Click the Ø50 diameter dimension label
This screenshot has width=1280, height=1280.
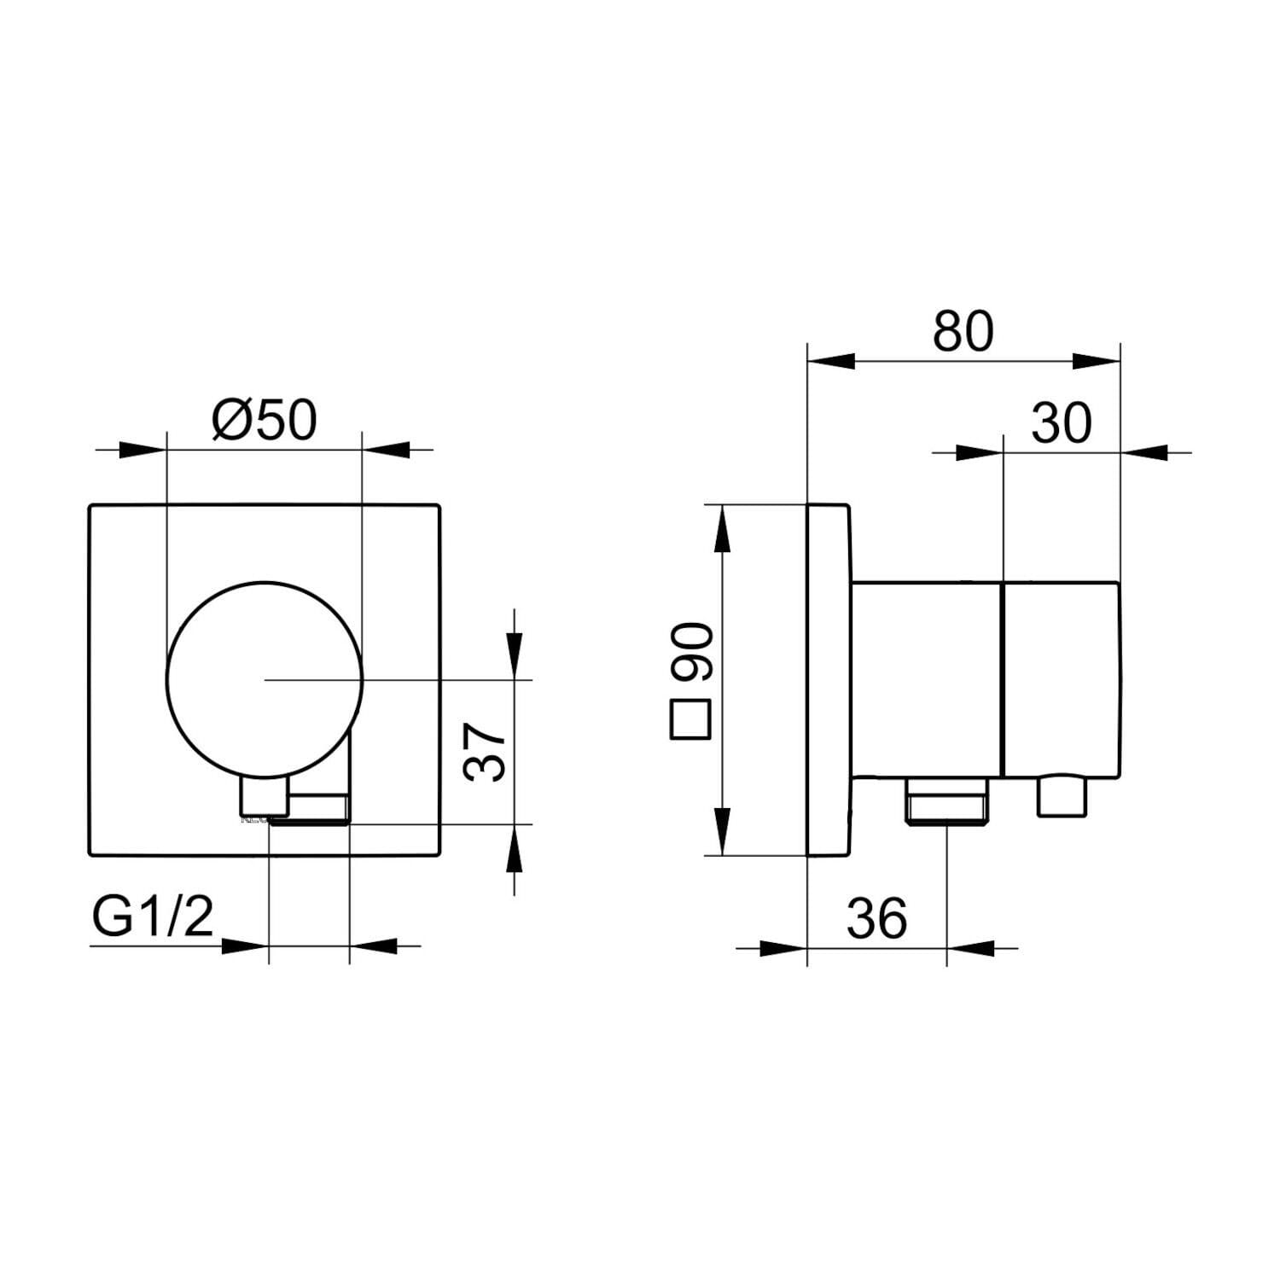click(x=265, y=420)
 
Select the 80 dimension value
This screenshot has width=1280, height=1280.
click(x=963, y=331)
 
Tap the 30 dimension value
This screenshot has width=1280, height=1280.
click(x=1061, y=423)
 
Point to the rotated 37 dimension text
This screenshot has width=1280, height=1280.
click(x=486, y=751)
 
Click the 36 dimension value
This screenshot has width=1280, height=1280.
click(x=877, y=919)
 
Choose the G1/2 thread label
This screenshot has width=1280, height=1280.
click(x=152, y=917)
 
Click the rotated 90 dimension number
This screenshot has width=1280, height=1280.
click(x=692, y=652)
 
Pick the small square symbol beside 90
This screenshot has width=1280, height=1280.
click(x=691, y=720)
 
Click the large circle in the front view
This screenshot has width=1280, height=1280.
click(x=265, y=582)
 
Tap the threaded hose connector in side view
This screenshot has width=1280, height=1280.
click(x=947, y=802)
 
